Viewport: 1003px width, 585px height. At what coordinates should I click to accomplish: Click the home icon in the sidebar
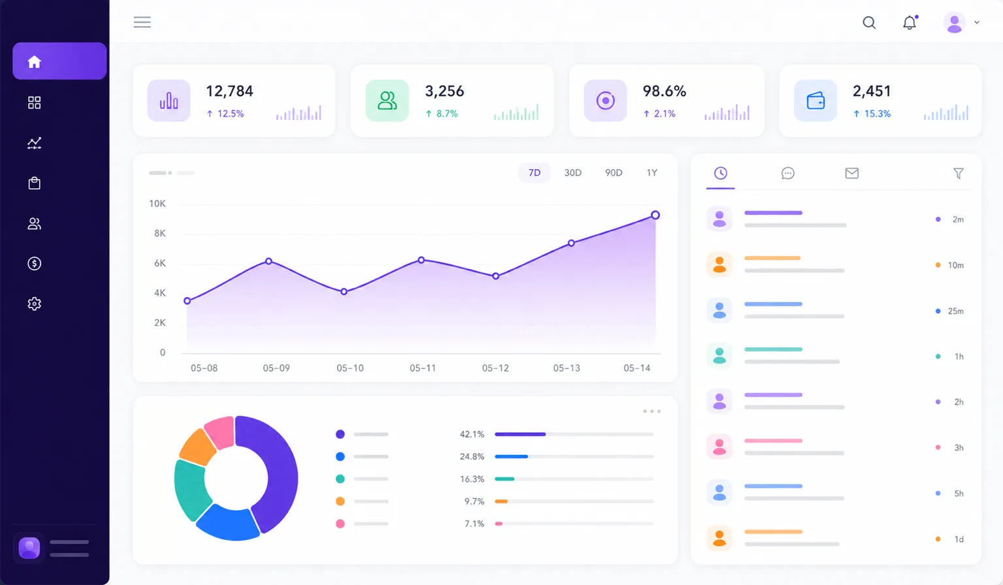tap(35, 62)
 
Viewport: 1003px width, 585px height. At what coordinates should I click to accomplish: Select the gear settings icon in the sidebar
tap(35, 304)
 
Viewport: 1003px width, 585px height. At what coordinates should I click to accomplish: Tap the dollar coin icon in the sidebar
tap(35, 264)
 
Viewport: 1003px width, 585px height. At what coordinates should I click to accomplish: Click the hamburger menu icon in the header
tap(142, 22)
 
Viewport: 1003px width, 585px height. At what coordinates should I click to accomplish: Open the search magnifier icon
tap(869, 22)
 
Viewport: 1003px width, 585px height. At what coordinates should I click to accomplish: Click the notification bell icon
tap(910, 22)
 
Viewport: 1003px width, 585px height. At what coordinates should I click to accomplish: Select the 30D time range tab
tap(573, 173)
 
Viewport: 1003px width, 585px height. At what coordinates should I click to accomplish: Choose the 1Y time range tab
tap(652, 173)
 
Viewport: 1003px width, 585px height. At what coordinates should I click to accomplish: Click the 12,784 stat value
tap(230, 91)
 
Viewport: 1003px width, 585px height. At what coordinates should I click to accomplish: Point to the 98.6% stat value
tap(665, 91)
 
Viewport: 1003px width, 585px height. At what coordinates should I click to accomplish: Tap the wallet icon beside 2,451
tap(816, 101)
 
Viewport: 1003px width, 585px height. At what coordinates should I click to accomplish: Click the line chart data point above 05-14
tap(655, 215)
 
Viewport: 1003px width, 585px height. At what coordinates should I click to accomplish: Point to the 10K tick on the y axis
tap(157, 204)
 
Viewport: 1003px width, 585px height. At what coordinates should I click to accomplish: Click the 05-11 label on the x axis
tap(422, 368)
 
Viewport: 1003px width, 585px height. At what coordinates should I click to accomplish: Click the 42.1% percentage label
tap(472, 434)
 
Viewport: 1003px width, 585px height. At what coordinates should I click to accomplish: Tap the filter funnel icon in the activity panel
tap(958, 173)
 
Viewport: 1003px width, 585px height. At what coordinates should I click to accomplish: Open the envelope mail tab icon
tap(852, 173)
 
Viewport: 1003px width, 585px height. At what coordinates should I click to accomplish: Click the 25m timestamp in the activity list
tap(955, 311)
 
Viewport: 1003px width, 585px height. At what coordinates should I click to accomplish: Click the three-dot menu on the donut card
tap(652, 411)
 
